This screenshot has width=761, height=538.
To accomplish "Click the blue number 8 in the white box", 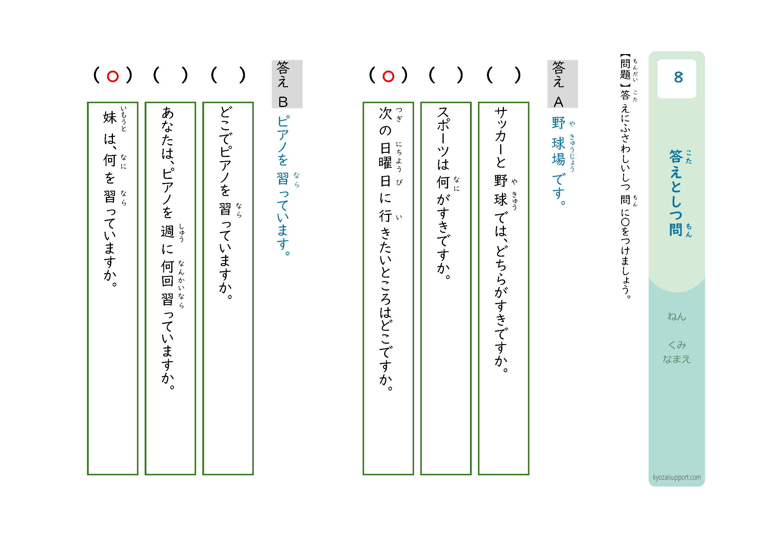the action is (x=678, y=77).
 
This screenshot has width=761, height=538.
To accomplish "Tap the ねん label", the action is (x=676, y=317).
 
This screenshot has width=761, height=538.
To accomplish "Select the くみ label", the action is (x=677, y=345).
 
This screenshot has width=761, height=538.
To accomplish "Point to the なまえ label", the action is (x=676, y=359).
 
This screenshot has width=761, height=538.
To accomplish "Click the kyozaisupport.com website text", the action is (x=677, y=477).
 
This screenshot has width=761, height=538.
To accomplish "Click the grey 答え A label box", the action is (x=563, y=84).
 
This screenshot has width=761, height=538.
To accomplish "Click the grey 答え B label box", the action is (x=287, y=84).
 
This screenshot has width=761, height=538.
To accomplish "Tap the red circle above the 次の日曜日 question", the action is (x=388, y=77).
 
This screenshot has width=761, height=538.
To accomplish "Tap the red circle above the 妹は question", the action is (x=113, y=77).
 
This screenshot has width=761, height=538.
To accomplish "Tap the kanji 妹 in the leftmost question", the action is (x=110, y=117).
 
